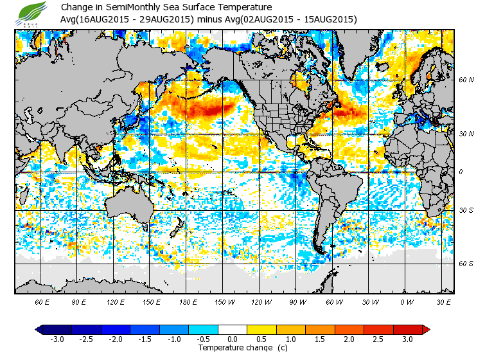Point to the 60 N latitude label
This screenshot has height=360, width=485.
click(466, 80)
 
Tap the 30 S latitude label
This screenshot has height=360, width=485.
click(466, 211)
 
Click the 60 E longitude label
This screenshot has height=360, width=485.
click(43, 301)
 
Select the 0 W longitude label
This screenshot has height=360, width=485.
click(406, 301)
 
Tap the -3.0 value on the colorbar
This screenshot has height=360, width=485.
click(57, 339)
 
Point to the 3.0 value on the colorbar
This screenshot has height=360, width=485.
click(408, 339)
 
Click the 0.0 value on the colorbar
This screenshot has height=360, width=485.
click(233, 339)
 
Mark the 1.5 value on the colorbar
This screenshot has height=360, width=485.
click(320, 339)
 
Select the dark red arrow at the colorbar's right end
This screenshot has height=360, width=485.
click(425, 330)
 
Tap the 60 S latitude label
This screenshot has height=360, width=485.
click(466, 264)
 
